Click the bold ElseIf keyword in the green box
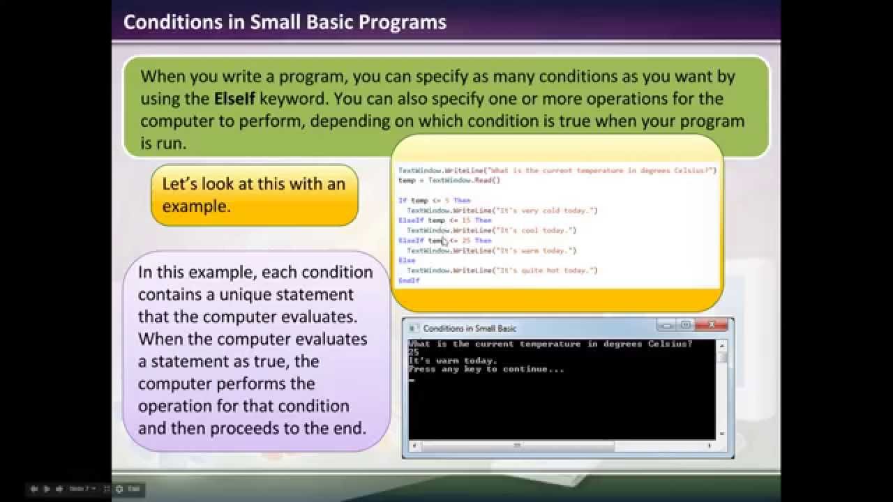[234, 98]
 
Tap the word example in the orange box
[195, 206]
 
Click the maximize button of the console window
[686, 326]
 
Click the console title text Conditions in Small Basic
[470, 328]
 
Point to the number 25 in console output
[414, 353]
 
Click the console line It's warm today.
[453, 361]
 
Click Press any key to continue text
[486, 370]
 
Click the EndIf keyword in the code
[409, 280]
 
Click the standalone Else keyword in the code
[406, 260]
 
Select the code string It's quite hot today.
[546, 271]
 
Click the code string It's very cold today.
[546, 211]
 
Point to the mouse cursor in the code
[444, 242]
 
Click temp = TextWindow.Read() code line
[449, 181]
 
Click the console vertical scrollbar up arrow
[722, 345]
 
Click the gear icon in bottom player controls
[119, 489]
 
